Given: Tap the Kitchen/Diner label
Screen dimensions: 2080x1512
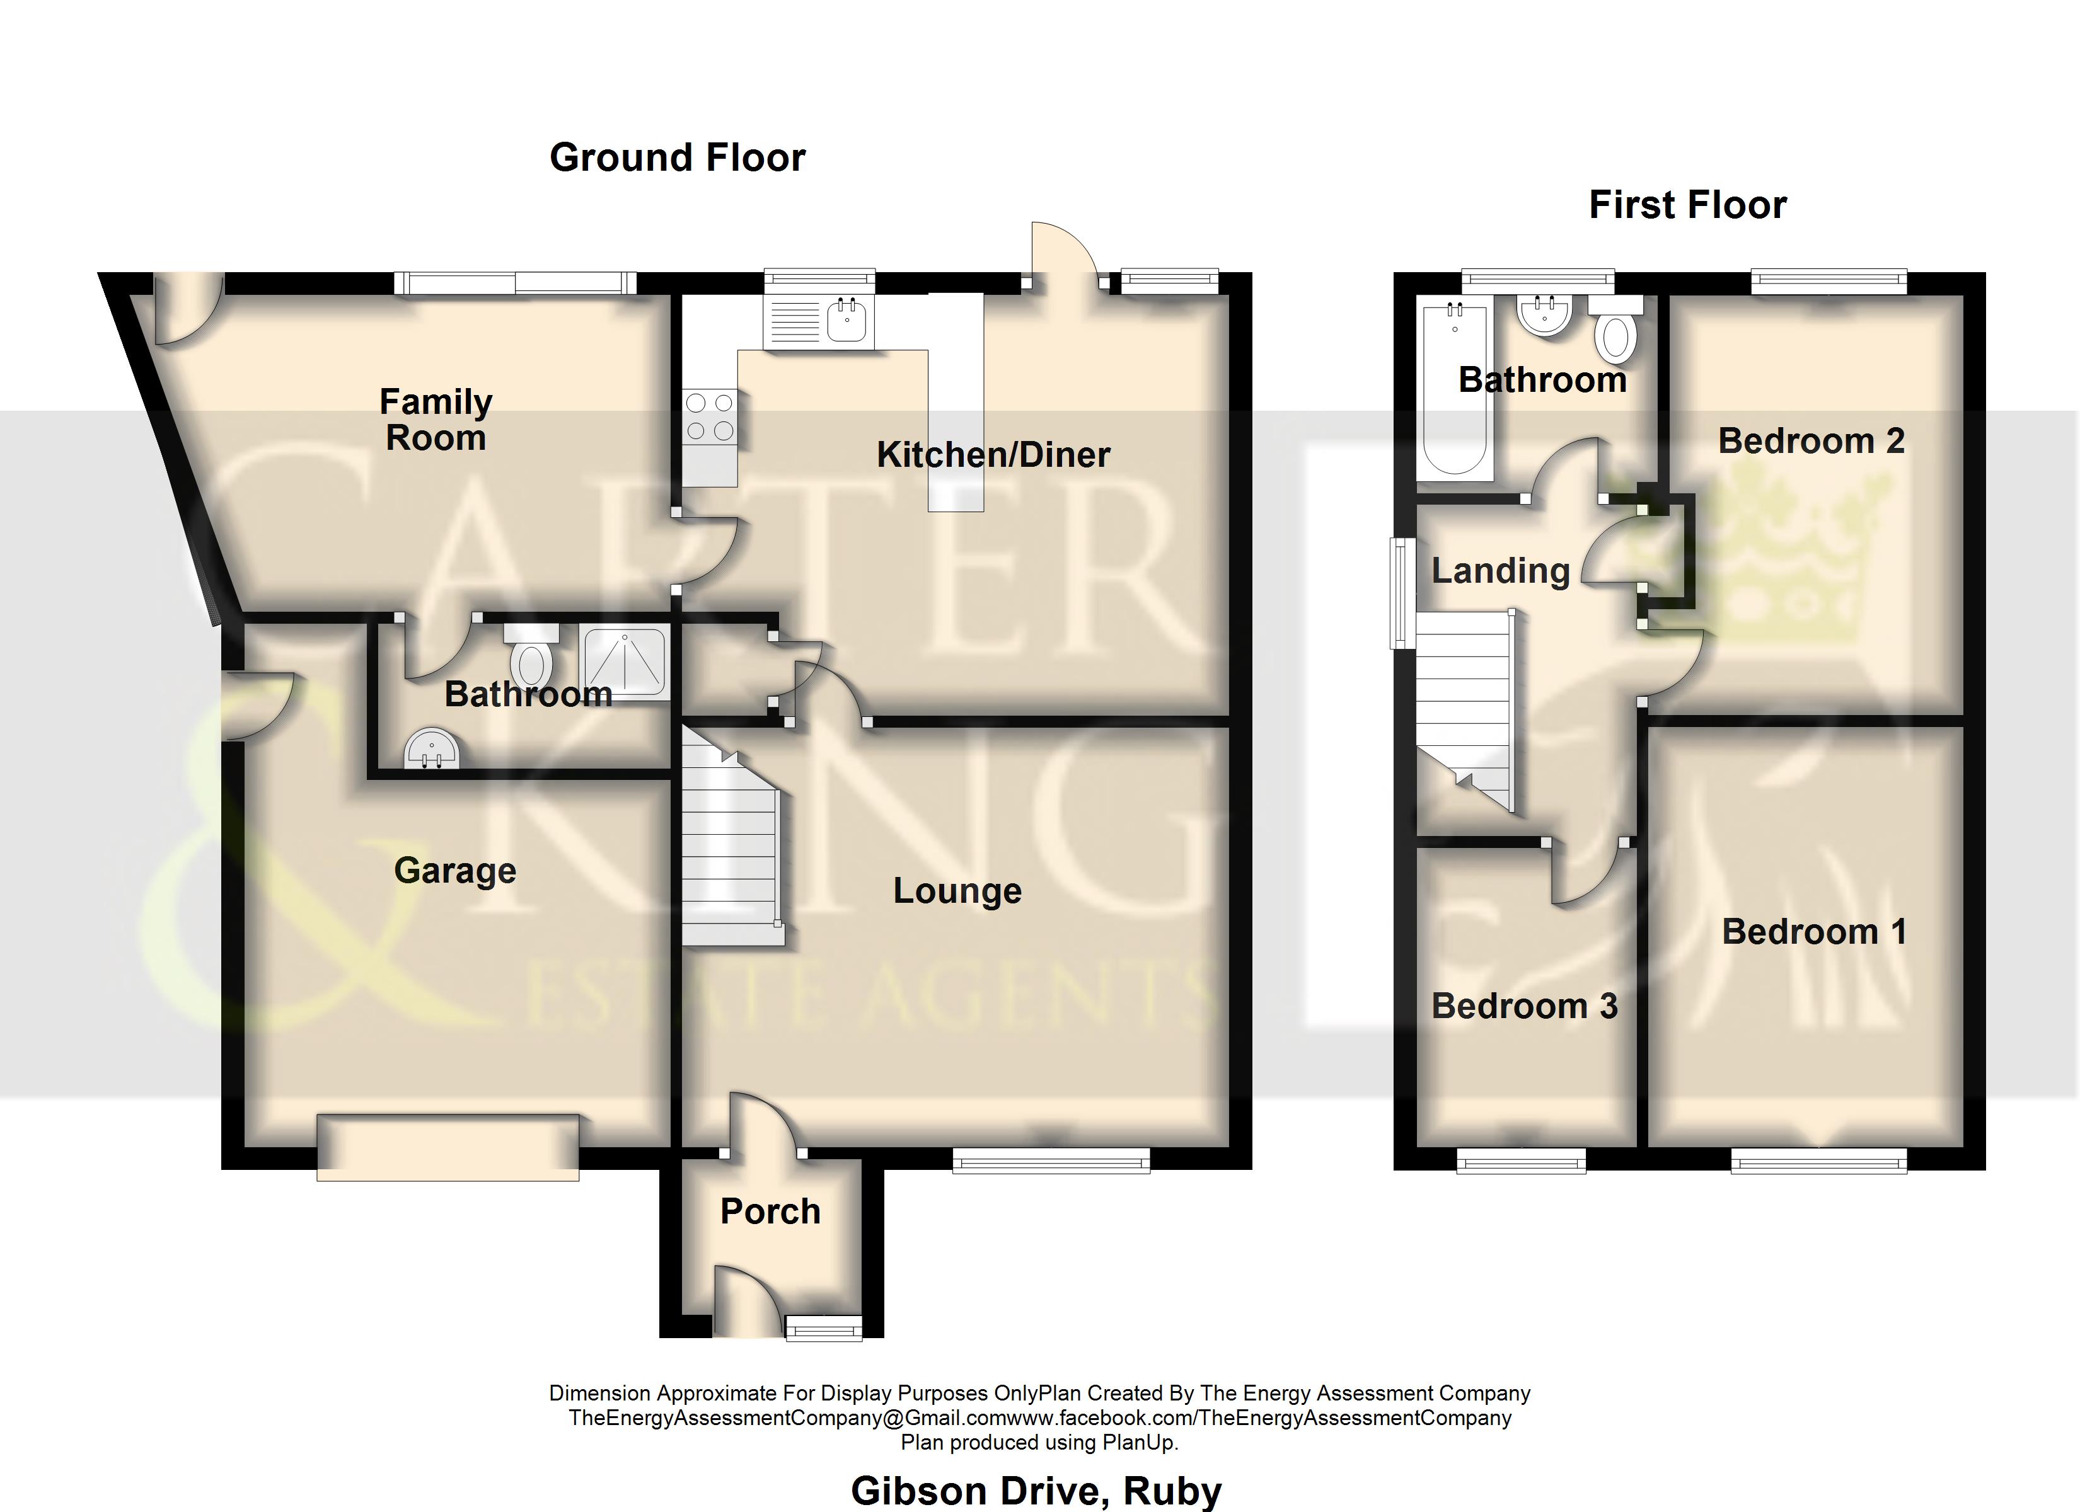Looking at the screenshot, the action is coord(993,455).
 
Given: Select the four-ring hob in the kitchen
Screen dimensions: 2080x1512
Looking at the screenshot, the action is coord(710,417).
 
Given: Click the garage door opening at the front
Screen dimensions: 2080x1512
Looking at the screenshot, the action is coord(449,1145).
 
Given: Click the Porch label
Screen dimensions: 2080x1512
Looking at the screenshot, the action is coord(770,1211).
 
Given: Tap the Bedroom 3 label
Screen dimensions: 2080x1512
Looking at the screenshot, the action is coord(1524,1006).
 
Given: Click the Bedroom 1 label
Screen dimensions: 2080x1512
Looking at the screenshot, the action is coord(1815,932).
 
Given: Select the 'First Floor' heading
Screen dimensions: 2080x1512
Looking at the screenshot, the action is coord(1687,205).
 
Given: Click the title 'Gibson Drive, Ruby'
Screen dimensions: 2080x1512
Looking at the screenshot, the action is coord(1036,1491).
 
